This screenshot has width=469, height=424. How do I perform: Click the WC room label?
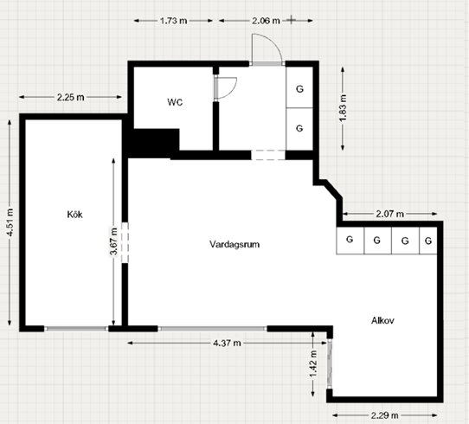tap(175, 102)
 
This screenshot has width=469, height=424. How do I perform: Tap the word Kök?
tap(74, 215)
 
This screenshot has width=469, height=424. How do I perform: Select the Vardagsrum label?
tap(234, 244)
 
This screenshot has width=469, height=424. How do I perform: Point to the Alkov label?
tap(382, 320)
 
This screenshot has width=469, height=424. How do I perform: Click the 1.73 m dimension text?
tap(173, 21)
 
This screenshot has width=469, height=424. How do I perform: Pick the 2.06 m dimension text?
tap(266, 21)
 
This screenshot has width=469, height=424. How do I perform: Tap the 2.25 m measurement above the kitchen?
tap(71, 97)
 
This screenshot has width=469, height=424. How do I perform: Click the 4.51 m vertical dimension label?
tap(10, 222)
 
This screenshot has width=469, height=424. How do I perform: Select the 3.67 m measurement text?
tap(113, 241)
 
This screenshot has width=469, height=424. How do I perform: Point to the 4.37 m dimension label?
tap(227, 343)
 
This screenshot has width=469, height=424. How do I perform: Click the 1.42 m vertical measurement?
tap(313, 364)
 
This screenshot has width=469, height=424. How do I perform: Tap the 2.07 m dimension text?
tap(389, 214)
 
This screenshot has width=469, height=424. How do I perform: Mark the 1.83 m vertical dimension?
tap(343, 108)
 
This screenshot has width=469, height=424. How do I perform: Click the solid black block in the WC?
tap(153, 143)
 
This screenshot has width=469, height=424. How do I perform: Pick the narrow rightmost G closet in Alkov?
tap(428, 241)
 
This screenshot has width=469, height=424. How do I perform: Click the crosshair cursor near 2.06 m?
tap(291, 20)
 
